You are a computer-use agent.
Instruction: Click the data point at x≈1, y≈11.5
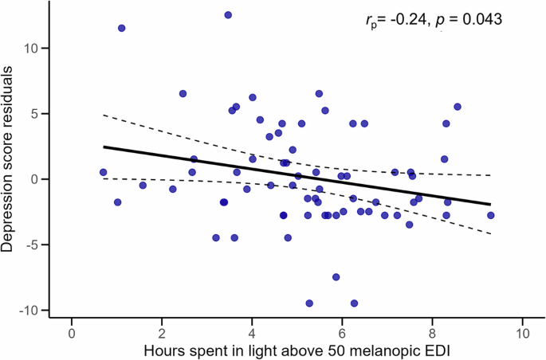pyautogui.click(x=121, y=28)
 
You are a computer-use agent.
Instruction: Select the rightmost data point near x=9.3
pyautogui.click(x=490, y=215)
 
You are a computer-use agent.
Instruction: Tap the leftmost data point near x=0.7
pyautogui.click(x=103, y=172)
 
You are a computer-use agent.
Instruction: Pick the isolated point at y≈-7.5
pyautogui.click(x=336, y=277)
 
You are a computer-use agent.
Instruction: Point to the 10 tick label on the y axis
pyautogui.click(x=34, y=48)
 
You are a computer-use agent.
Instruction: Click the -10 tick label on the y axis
pyautogui.click(x=31, y=310)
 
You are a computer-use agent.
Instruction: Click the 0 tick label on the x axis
pyautogui.click(x=72, y=334)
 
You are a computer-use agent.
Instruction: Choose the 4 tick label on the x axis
pyautogui.click(x=252, y=334)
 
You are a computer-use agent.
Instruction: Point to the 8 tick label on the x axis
pyautogui.click(x=432, y=334)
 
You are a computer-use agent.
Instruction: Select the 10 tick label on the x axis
pyautogui.click(x=522, y=334)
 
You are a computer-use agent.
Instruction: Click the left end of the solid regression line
pyautogui.click(x=104, y=147)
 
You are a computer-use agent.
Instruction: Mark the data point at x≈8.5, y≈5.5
pyautogui.click(x=457, y=107)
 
